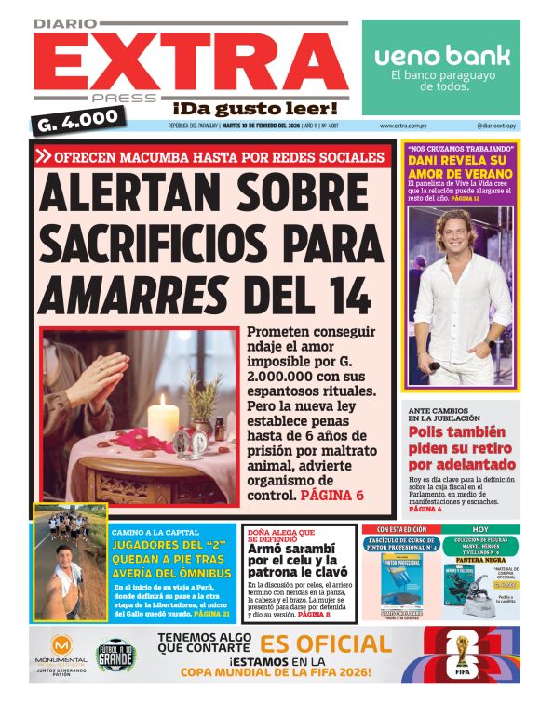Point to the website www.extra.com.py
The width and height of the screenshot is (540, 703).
coord(403,126)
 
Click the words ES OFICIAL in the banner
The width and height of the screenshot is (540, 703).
coord(326,644)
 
